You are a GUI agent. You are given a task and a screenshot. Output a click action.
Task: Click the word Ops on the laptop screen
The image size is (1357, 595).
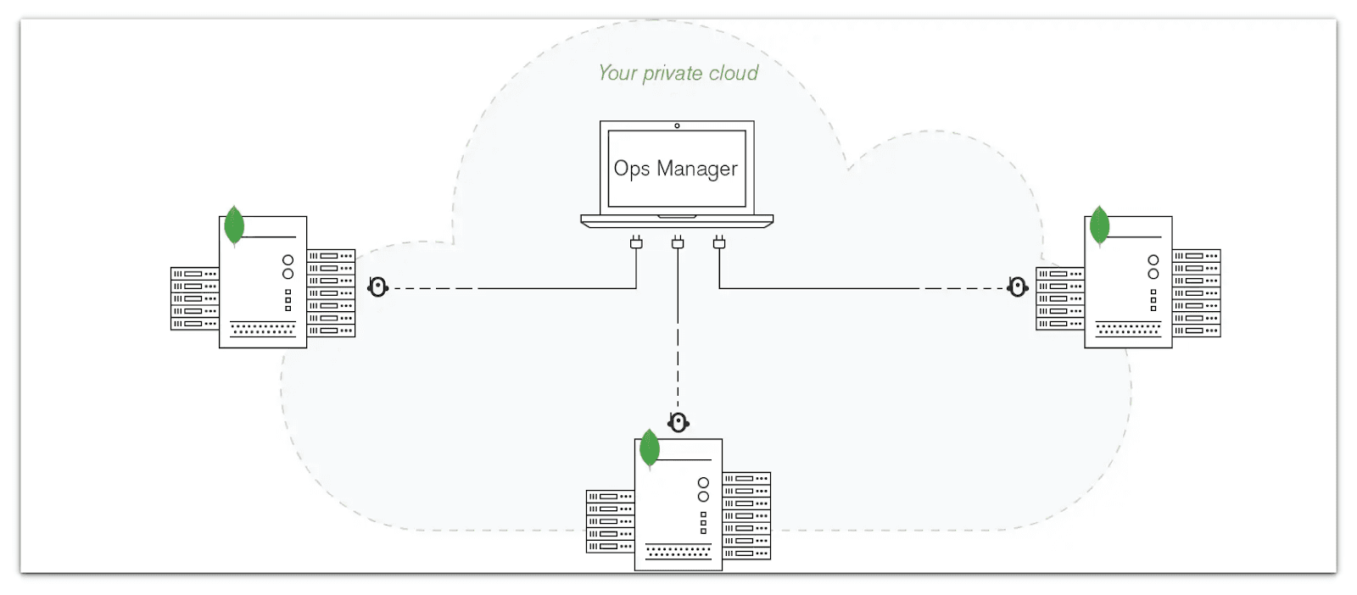click(631, 169)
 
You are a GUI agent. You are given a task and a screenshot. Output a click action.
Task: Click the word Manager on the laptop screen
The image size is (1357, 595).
click(696, 169)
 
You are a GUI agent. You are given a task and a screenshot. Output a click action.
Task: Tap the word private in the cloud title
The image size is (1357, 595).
click(673, 74)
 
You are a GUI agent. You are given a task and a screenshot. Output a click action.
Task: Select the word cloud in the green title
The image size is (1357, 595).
click(734, 74)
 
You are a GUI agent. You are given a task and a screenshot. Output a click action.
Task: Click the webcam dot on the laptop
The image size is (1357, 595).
click(677, 125)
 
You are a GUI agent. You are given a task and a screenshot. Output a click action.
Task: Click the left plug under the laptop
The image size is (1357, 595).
click(636, 243)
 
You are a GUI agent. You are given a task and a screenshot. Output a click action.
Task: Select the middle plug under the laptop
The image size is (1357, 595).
click(678, 243)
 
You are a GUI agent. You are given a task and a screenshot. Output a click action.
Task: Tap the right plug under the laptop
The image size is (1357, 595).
click(719, 243)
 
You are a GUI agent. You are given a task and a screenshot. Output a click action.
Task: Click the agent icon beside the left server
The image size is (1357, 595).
click(377, 287)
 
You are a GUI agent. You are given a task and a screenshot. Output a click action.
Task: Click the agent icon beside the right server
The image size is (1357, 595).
click(1017, 287)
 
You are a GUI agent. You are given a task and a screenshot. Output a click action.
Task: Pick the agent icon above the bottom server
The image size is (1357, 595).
click(678, 422)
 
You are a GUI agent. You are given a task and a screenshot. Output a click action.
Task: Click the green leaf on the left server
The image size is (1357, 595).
click(234, 225)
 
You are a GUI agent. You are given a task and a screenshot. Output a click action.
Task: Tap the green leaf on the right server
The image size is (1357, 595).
click(1099, 225)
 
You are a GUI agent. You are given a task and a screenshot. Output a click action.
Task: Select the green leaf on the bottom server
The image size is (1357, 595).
click(650, 448)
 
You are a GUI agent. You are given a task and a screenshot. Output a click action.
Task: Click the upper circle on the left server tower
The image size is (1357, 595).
click(288, 260)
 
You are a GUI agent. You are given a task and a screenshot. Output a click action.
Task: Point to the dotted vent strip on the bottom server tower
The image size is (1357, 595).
click(678, 552)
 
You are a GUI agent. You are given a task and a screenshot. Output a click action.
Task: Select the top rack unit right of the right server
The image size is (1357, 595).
click(1196, 255)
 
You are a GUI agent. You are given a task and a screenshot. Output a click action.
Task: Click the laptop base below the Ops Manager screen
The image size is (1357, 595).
click(677, 220)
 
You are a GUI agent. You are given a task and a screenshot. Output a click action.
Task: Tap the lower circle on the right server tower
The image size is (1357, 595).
click(1153, 274)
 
